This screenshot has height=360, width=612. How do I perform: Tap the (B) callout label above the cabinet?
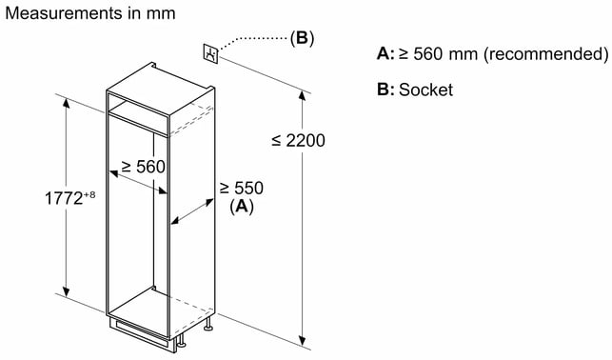click(x=302, y=38)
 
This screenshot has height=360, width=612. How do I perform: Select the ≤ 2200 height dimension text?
click(x=298, y=141)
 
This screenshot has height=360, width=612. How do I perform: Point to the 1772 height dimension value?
click(x=64, y=198)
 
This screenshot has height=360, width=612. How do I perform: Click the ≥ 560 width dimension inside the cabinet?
click(x=143, y=167)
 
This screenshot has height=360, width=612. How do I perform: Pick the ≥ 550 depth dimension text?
click(x=241, y=189)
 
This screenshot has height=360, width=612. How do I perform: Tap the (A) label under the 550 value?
click(x=242, y=206)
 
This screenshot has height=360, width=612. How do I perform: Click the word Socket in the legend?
click(x=425, y=90)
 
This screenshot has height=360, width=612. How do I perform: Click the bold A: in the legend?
click(x=385, y=53)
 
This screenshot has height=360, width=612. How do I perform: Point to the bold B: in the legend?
click(x=385, y=90)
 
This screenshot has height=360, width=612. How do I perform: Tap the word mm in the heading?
click(x=161, y=14)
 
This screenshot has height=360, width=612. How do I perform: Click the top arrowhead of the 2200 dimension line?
click(x=302, y=95)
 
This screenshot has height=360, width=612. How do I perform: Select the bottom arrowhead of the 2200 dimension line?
click(x=302, y=340)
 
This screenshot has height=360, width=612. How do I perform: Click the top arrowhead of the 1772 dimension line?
click(x=67, y=104)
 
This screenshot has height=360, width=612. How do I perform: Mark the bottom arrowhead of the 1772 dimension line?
click(x=67, y=290)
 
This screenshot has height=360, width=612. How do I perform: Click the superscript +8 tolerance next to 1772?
click(x=89, y=194)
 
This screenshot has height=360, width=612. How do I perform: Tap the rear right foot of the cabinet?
click(x=208, y=324)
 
